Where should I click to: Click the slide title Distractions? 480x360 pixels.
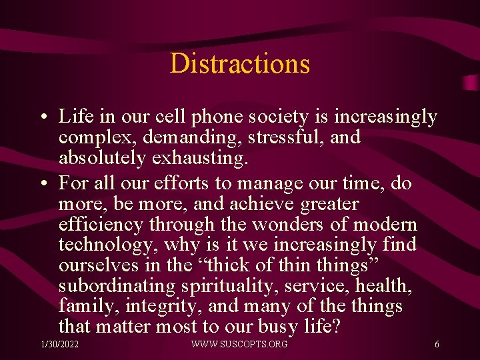pos(240,63)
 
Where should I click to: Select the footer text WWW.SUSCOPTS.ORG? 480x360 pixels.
pos(239,344)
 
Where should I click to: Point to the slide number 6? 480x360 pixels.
pos(436,344)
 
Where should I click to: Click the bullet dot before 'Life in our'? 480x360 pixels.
pos(42,118)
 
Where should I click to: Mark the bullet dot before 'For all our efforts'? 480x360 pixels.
pos(42,183)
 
